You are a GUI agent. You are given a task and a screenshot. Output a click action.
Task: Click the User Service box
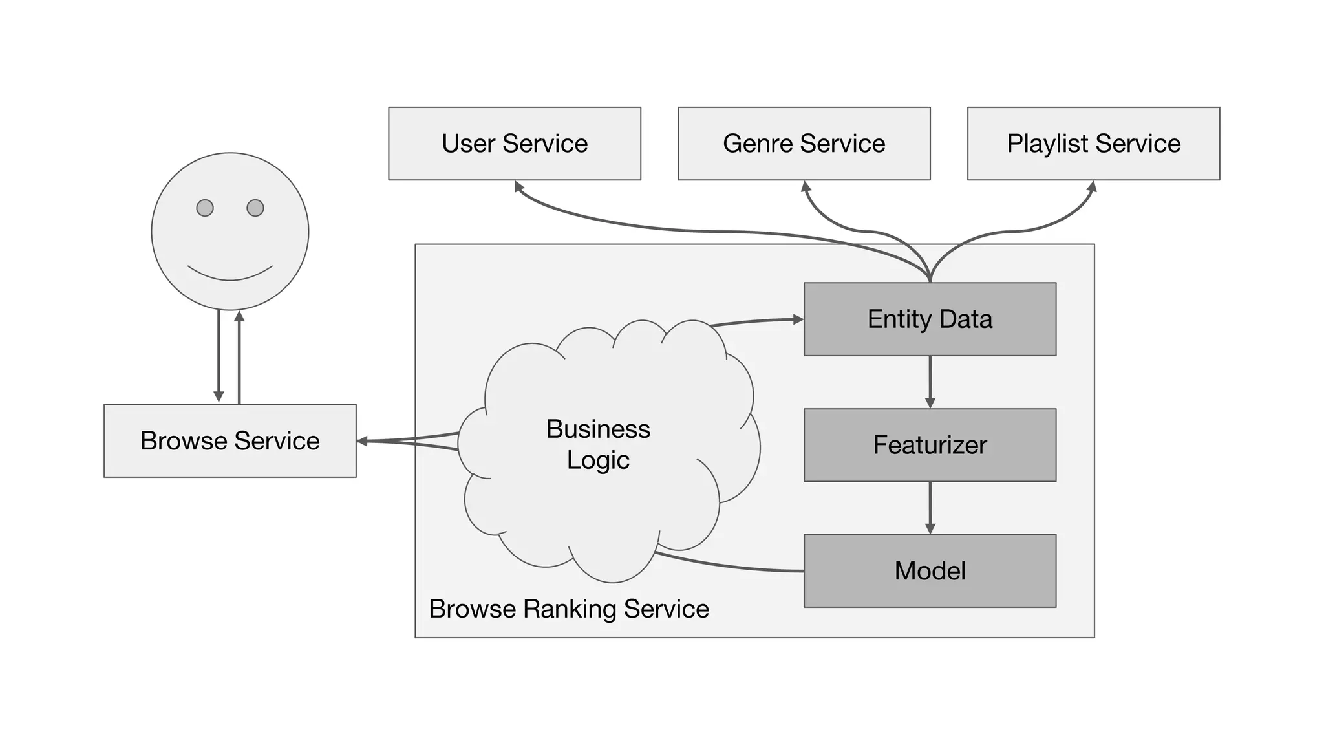514,144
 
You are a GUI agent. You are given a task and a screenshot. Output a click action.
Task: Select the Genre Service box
804,144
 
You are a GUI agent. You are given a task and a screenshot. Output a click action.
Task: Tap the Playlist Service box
1093,144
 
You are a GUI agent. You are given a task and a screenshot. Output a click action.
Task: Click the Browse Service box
230,441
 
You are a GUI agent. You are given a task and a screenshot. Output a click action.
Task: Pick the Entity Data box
930,319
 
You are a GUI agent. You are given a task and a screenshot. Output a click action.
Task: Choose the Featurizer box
930,445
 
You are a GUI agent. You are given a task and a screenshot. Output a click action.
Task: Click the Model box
930,571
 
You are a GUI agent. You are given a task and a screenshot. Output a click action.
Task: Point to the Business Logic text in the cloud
598,444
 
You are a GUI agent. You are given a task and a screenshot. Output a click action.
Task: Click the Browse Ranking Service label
569,609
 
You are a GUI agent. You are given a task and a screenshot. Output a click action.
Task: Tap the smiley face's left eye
205,208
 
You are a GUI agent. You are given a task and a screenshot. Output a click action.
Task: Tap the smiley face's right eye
255,208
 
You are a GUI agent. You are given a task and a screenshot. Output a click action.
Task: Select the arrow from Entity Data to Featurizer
930,382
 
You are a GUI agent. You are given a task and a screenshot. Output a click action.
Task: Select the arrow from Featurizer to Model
930,508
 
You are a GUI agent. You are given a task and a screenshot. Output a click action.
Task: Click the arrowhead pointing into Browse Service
362,441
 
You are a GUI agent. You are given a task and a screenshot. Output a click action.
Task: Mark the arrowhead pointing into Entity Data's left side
798,319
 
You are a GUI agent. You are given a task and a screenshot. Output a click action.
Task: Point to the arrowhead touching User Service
518,186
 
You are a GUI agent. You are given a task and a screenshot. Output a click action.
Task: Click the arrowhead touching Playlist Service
1092,186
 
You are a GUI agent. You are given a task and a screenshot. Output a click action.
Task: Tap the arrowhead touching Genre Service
806,186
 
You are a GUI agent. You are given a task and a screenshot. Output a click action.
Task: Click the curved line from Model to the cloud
731,567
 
